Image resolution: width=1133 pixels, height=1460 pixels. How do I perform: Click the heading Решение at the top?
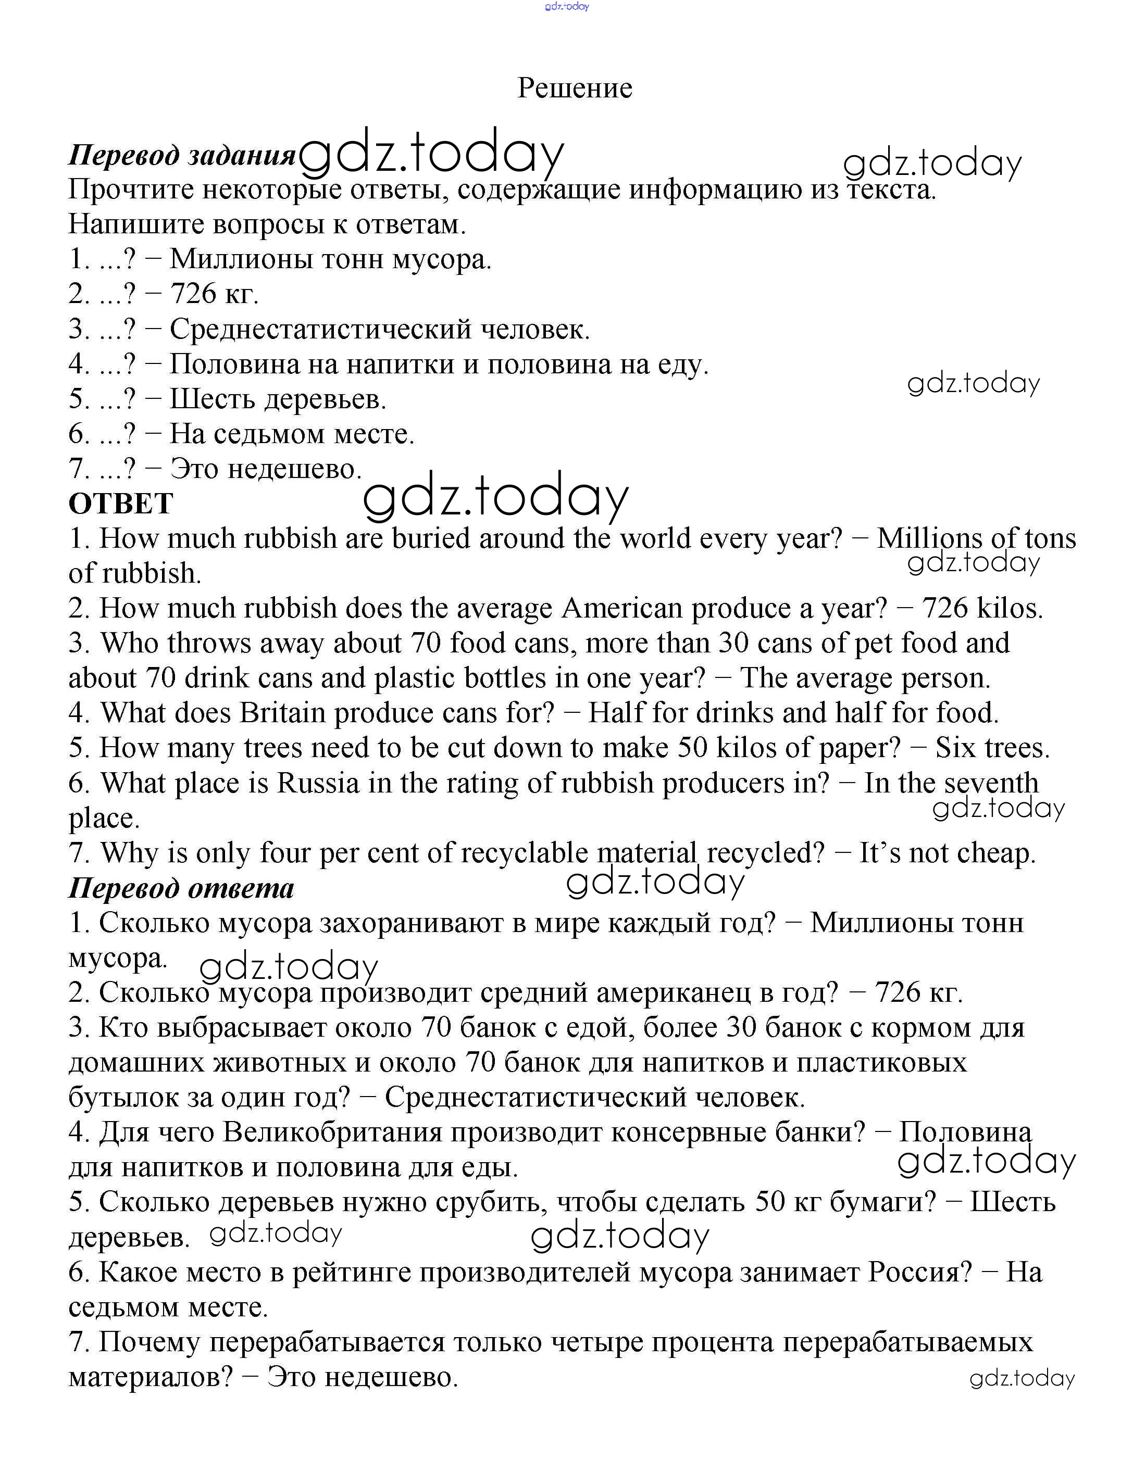pos(575,88)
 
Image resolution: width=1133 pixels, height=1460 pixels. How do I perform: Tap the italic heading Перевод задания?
pos(181,155)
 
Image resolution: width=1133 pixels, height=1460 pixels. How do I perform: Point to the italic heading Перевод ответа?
pos(181,888)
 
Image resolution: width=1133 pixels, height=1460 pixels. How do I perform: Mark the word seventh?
pos(992,783)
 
